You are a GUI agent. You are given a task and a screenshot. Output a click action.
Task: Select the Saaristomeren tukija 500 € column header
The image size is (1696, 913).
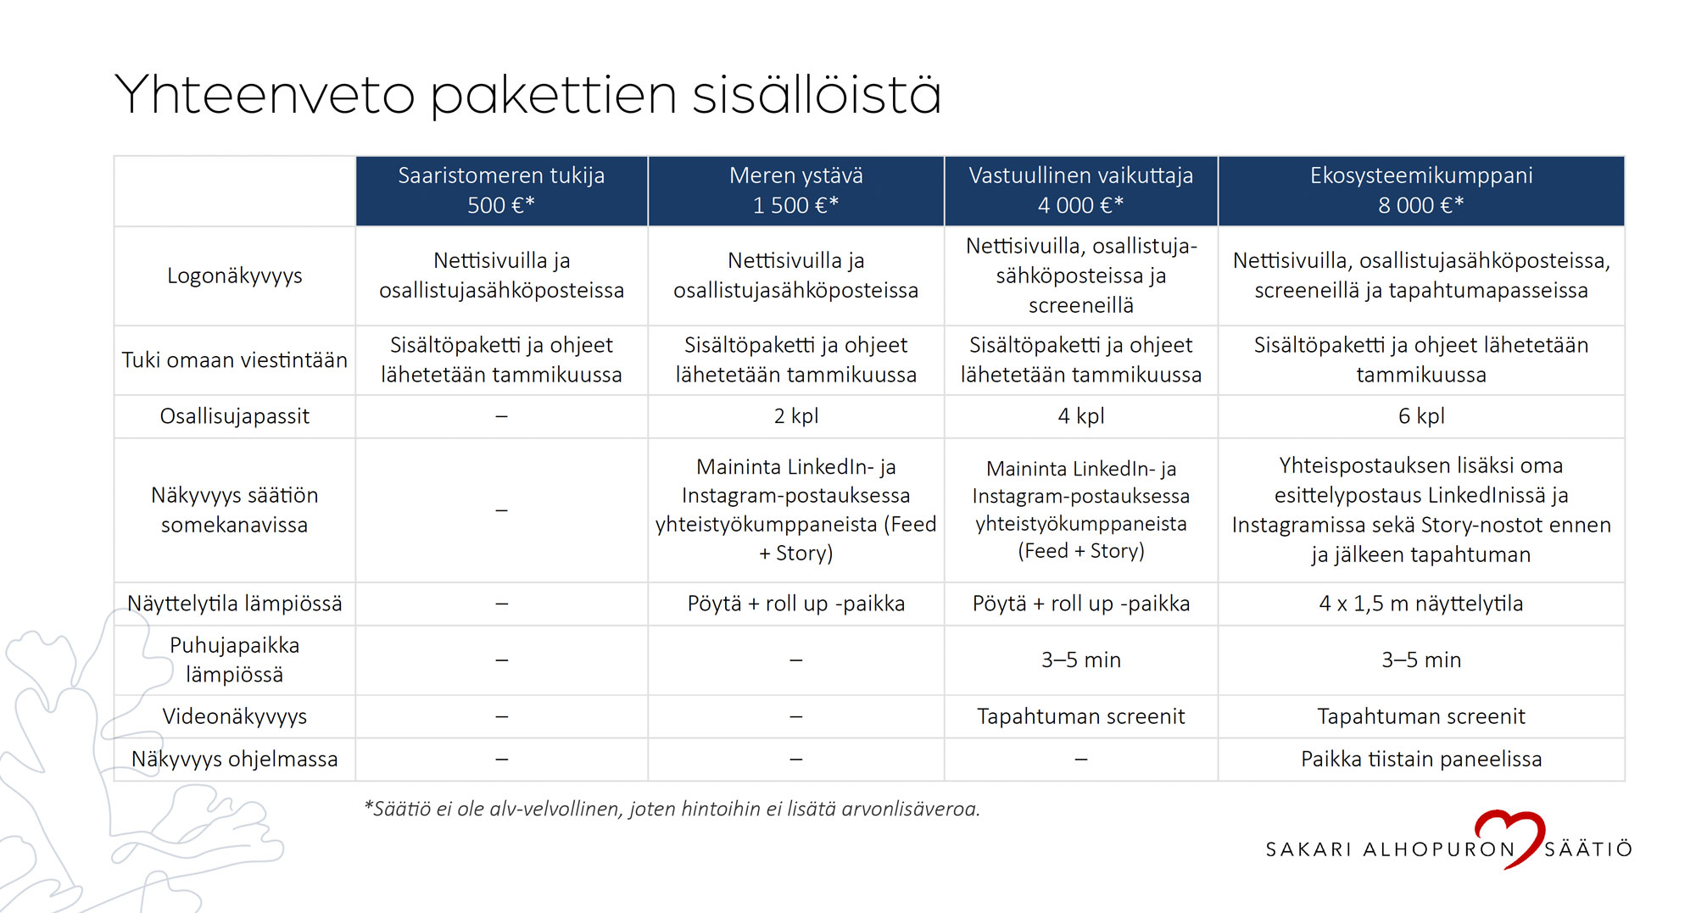point(501,191)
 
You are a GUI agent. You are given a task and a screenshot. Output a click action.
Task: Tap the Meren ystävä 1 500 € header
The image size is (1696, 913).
point(795,191)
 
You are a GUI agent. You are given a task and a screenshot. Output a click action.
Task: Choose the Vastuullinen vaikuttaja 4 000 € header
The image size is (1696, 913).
point(1080,191)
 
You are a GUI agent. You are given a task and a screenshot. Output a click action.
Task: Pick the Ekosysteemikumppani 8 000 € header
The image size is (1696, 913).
point(1420,191)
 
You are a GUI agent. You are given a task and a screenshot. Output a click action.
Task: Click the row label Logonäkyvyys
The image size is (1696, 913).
point(234,276)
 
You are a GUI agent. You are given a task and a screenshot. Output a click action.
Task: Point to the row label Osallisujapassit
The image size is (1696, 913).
point(234,416)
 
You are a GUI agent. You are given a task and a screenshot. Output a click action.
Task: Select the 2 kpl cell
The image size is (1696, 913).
point(795,416)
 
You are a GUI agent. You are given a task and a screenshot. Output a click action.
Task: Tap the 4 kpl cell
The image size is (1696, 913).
point(1080,416)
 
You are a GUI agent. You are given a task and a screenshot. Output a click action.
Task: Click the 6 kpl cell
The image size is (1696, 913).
point(1420,416)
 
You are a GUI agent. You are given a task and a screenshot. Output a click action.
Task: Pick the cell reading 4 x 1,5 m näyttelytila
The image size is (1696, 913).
point(1420,604)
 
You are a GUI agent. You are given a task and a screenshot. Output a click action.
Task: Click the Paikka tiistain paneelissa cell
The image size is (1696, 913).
point(1420,759)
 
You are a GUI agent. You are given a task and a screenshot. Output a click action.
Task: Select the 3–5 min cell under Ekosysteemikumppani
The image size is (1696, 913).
point(1420,660)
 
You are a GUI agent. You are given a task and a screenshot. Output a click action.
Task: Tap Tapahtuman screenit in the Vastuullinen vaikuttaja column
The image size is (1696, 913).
point(1080,716)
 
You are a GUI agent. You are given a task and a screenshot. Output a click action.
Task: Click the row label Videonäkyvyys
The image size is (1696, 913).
point(234,716)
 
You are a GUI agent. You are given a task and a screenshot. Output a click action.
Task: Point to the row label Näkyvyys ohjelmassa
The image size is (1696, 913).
point(234,759)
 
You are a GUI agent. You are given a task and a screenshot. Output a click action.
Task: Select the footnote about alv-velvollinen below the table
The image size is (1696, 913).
point(672,809)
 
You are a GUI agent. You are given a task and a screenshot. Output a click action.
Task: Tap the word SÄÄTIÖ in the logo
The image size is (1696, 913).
point(1587,849)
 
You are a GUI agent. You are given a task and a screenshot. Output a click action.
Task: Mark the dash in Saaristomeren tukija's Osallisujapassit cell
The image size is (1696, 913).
point(501,416)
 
